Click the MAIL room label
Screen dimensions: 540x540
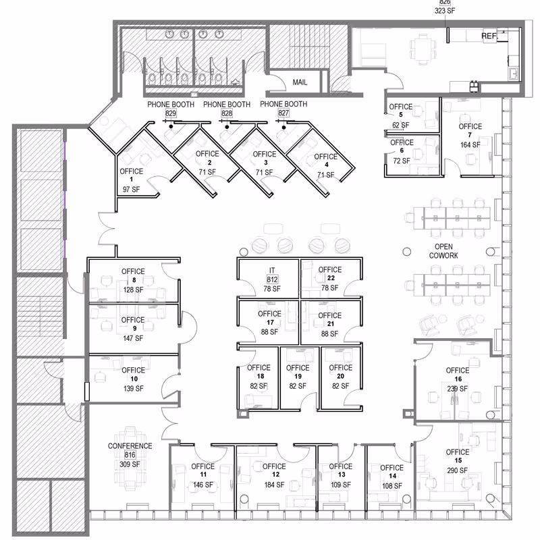(300, 82)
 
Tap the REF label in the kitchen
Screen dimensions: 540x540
(488, 36)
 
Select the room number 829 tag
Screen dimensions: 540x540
(171, 114)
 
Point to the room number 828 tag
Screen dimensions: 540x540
(227, 114)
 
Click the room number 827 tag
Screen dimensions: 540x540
(283, 114)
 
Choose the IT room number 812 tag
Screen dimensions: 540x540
(273, 279)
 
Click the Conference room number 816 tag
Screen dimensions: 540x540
(130, 456)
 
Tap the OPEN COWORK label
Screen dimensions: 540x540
(443, 251)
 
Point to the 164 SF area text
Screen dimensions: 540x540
(470, 144)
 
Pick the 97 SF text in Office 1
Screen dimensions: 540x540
(131, 190)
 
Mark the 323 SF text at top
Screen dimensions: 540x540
(444, 11)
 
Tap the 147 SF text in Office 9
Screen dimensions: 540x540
(134, 338)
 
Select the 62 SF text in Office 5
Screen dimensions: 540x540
(400, 125)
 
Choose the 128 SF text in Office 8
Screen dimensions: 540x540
(134, 290)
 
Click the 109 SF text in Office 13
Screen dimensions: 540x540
(341, 485)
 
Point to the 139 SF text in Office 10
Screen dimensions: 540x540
(134, 388)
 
